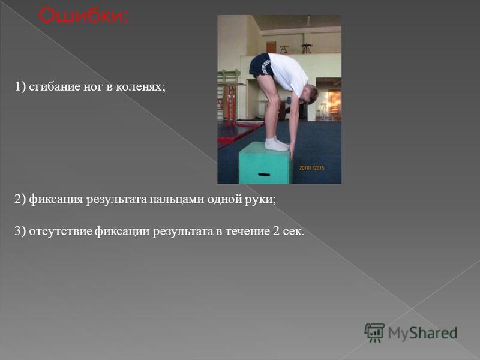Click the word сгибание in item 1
(55, 87)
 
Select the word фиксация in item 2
(56, 200)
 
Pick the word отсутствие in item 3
(61, 232)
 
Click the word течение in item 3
(247, 232)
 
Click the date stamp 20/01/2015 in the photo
(311, 168)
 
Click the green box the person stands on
(264, 163)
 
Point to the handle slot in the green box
(264, 175)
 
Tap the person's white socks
(277, 144)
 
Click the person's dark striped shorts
(260, 65)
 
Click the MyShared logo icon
(374, 333)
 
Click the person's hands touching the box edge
(292, 150)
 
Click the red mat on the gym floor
(239, 131)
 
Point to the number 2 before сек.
(275, 232)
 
